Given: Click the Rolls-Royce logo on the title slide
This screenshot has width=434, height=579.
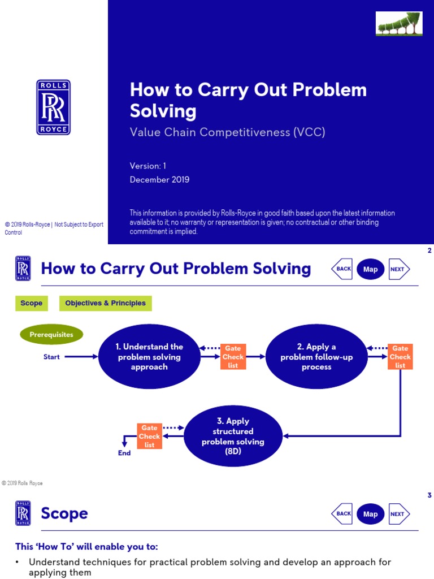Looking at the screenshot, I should [54, 107].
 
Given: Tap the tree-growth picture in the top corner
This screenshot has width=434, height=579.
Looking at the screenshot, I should [399, 24].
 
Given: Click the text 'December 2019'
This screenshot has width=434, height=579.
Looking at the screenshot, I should [159, 180].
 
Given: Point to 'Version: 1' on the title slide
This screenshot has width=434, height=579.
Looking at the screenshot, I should [148, 166].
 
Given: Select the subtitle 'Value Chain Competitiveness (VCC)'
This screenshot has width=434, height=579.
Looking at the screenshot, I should [228, 132].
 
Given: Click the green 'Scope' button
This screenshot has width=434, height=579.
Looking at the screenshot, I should [31, 303].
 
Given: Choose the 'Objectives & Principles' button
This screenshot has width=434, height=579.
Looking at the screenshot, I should [105, 303].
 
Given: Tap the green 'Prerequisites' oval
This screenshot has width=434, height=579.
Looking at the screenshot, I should [51, 335].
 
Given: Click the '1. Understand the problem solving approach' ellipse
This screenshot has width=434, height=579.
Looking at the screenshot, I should [149, 357].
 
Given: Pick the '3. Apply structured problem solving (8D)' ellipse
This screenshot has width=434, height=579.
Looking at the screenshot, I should [233, 437].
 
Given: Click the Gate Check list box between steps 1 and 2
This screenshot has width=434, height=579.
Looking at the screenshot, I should [233, 357].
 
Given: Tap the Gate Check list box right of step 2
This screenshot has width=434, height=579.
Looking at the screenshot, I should [400, 357].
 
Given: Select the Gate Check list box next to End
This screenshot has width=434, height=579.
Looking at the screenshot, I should [149, 437].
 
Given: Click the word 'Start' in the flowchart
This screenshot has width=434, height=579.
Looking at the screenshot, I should [51, 357].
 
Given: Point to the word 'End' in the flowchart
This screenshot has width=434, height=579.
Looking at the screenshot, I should [124, 453].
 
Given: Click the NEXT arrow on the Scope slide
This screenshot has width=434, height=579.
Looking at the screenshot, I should [398, 514].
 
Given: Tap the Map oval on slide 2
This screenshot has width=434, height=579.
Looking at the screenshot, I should [370, 269].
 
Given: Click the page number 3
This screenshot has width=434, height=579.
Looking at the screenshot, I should [429, 495].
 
